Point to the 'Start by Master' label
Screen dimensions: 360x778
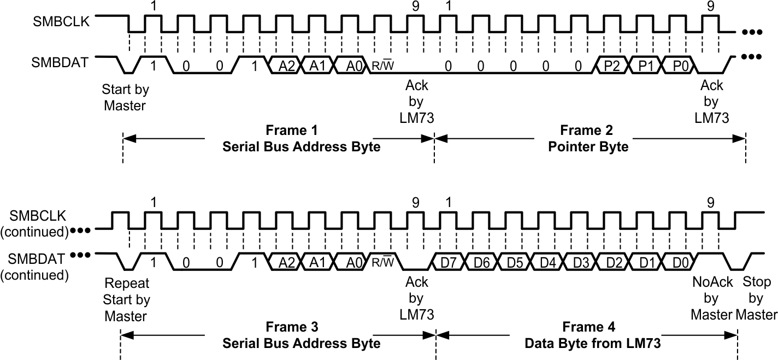(125, 97)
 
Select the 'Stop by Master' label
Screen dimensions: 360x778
(756, 298)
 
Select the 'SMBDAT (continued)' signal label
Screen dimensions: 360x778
(36, 265)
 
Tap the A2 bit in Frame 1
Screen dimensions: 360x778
(286, 66)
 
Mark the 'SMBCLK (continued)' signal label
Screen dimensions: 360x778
(36, 223)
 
